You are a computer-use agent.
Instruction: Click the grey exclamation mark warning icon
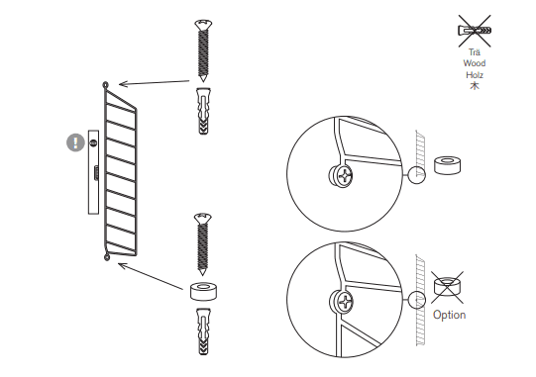coord(75,142)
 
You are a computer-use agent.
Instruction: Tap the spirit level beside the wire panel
coord(94,172)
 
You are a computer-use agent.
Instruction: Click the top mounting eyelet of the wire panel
coord(106,85)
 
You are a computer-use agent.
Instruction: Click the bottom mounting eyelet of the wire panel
coord(107,257)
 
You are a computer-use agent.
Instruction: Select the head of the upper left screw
coord(203,25)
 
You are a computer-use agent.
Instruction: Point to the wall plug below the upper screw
coord(203,111)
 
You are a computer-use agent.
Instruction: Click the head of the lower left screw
coord(203,219)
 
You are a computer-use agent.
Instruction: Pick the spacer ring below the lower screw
coord(203,291)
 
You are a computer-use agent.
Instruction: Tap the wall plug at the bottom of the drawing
coord(203,331)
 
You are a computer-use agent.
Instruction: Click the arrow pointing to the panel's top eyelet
coord(155,83)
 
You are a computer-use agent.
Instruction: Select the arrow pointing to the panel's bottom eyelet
coord(151,276)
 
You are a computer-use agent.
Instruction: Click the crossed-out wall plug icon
coord(475,31)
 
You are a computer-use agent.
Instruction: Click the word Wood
coord(475,63)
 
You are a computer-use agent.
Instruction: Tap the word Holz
coord(475,75)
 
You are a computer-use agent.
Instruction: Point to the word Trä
coord(475,52)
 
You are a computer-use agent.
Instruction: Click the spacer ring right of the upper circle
coord(447,165)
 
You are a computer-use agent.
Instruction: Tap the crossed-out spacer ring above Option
coord(447,287)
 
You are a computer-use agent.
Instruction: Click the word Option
coord(449,315)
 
